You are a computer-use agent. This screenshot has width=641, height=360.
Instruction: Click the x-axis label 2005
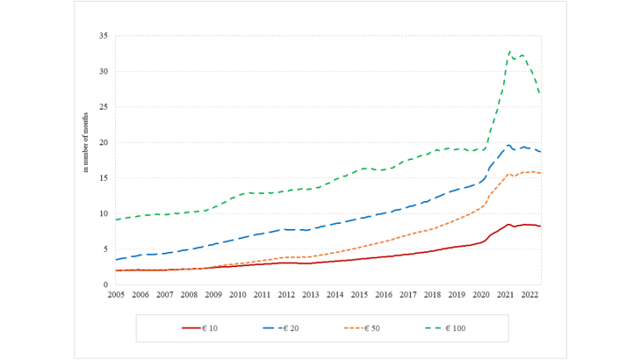coord(116,295)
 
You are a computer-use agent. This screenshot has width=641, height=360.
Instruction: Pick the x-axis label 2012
coord(286,295)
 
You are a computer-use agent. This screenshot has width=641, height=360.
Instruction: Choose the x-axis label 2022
coord(529,295)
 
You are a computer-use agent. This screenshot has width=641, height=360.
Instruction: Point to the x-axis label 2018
coord(432,295)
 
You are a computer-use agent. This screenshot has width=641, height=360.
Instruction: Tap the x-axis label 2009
coord(213,295)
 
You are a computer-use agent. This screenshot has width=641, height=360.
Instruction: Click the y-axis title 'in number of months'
coord(86,143)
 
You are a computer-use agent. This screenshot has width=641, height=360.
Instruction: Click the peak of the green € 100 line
coord(510,52)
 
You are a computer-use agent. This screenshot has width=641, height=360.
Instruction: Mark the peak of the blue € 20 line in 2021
coord(509,145)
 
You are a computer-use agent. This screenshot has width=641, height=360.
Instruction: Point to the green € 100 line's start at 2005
coord(116,220)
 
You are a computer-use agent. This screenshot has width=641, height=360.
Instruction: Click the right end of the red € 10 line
coord(540,226)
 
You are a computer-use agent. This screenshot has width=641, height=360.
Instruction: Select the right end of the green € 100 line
coord(540,94)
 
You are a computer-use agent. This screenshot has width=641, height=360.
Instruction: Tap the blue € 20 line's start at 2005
coord(116,259)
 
